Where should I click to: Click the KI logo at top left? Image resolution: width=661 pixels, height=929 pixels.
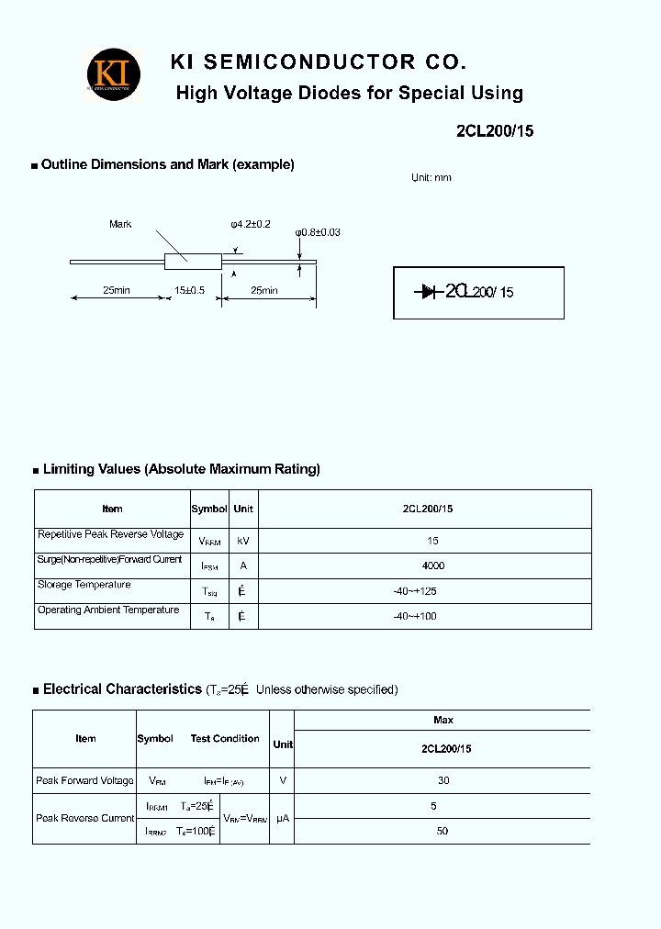tap(114, 73)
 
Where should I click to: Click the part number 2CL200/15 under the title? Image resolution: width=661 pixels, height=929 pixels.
tap(494, 130)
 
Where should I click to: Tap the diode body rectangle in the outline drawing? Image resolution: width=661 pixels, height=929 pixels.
tap(193, 261)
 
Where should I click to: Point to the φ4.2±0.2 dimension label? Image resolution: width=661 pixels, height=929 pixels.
tap(251, 224)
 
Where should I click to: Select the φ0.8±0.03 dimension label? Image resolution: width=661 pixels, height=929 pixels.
tap(318, 232)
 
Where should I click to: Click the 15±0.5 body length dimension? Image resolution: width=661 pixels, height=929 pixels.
tap(190, 290)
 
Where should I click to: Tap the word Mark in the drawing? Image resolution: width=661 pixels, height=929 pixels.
tap(120, 224)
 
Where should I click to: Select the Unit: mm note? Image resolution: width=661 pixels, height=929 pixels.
tap(431, 178)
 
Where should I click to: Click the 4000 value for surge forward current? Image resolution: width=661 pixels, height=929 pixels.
tap(433, 566)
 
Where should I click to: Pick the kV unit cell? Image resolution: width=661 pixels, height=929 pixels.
tap(243, 542)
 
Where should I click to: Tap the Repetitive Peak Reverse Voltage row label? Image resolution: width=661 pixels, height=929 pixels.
tap(110, 534)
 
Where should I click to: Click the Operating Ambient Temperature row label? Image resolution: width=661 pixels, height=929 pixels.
tap(108, 610)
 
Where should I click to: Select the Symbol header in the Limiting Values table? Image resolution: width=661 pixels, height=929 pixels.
tap(209, 509)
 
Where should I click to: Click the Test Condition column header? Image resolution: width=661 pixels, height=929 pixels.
tap(225, 738)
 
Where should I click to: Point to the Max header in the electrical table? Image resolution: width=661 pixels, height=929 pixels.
tap(443, 720)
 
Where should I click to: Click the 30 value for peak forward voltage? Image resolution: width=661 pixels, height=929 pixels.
tap(443, 780)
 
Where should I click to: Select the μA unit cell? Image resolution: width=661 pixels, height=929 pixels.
tap(283, 818)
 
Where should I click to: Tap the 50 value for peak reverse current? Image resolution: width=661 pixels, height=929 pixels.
tap(443, 831)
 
